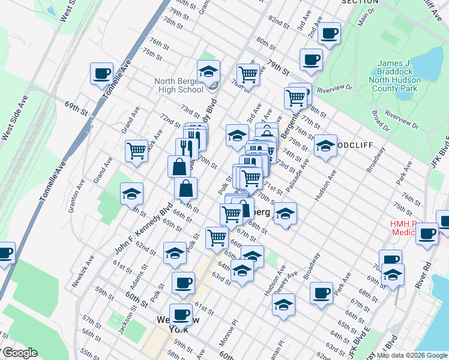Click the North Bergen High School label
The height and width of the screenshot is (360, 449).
178,86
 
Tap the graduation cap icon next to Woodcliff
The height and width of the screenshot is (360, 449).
325,146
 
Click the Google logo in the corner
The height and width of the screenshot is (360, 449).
20,353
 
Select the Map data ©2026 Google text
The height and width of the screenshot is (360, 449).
411,355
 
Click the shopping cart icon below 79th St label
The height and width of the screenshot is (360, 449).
247,74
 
